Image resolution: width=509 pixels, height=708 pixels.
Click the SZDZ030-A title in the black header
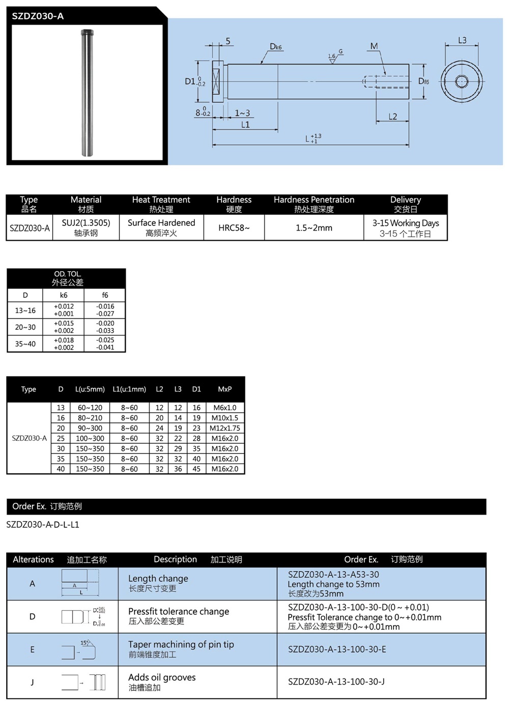tap(38, 16)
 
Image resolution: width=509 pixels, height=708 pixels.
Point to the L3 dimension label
tap(462, 40)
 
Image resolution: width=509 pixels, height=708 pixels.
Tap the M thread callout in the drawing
tap(374, 46)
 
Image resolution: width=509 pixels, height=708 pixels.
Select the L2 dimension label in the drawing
tap(392, 117)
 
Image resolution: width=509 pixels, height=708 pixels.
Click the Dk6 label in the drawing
tap(275, 47)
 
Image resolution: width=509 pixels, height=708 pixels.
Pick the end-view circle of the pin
tap(462, 81)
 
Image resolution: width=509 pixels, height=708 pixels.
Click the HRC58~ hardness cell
tap(234, 228)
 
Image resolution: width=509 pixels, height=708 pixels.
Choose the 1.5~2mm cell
tap(314, 228)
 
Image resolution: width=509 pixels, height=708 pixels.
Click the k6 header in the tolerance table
tap(64, 295)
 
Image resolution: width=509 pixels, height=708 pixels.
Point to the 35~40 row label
tap(25, 344)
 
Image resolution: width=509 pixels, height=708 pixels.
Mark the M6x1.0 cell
tap(224, 408)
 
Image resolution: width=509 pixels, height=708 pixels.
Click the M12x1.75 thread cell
tap(224, 428)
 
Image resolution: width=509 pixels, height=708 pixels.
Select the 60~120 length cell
tap(90, 408)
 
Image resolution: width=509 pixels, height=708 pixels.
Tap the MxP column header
tap(224, 389)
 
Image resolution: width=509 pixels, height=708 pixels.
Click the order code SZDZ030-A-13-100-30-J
tap(336, 682)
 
